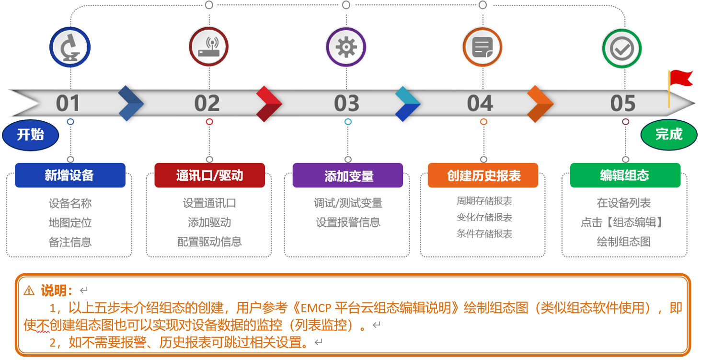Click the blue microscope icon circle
click(70, 47)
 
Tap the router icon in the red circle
click(209, 47)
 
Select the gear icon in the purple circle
click(346, 47)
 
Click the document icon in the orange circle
click(483, 47)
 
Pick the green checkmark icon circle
click(622, 48)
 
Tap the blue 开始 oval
click(30, 135)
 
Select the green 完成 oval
click(669, 135)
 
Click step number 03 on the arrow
click(346, 104)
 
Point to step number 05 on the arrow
click(623, 104)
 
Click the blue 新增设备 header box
click(70, 175)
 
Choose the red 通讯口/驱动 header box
click(210, 175)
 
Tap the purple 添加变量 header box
click(348, 175)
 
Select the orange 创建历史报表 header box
click(483, 175)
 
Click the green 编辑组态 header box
click(625, 175)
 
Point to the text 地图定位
click(70, 222)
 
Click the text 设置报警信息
click(348, 222)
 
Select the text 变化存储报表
click(484, 217)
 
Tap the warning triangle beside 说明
click(29, 290)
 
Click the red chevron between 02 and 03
click(269, 104)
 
